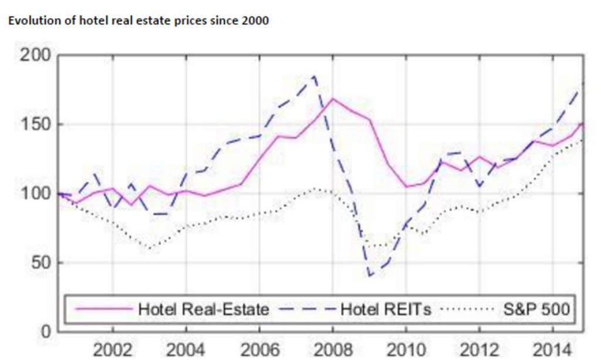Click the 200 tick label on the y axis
(x=36, y=56)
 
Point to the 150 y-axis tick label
(x=36, y=125)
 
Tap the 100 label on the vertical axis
(x=36, y=194)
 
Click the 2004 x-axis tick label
(x=185, y=350)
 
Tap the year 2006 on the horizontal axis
(x=259, y=350)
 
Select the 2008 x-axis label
(x=332, y=350)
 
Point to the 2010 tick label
(x=406, y=350)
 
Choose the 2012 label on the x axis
(x=479, y=350)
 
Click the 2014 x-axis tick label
(x=552, y=350)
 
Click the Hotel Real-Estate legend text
(x=203, y=309)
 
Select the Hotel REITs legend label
(x=385, y=309)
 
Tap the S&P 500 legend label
(x=537, y=309)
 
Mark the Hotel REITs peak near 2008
(x=315, y=76)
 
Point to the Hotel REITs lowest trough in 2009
(x=370, y=275)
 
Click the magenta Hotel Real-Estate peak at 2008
(x=333, y=98)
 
